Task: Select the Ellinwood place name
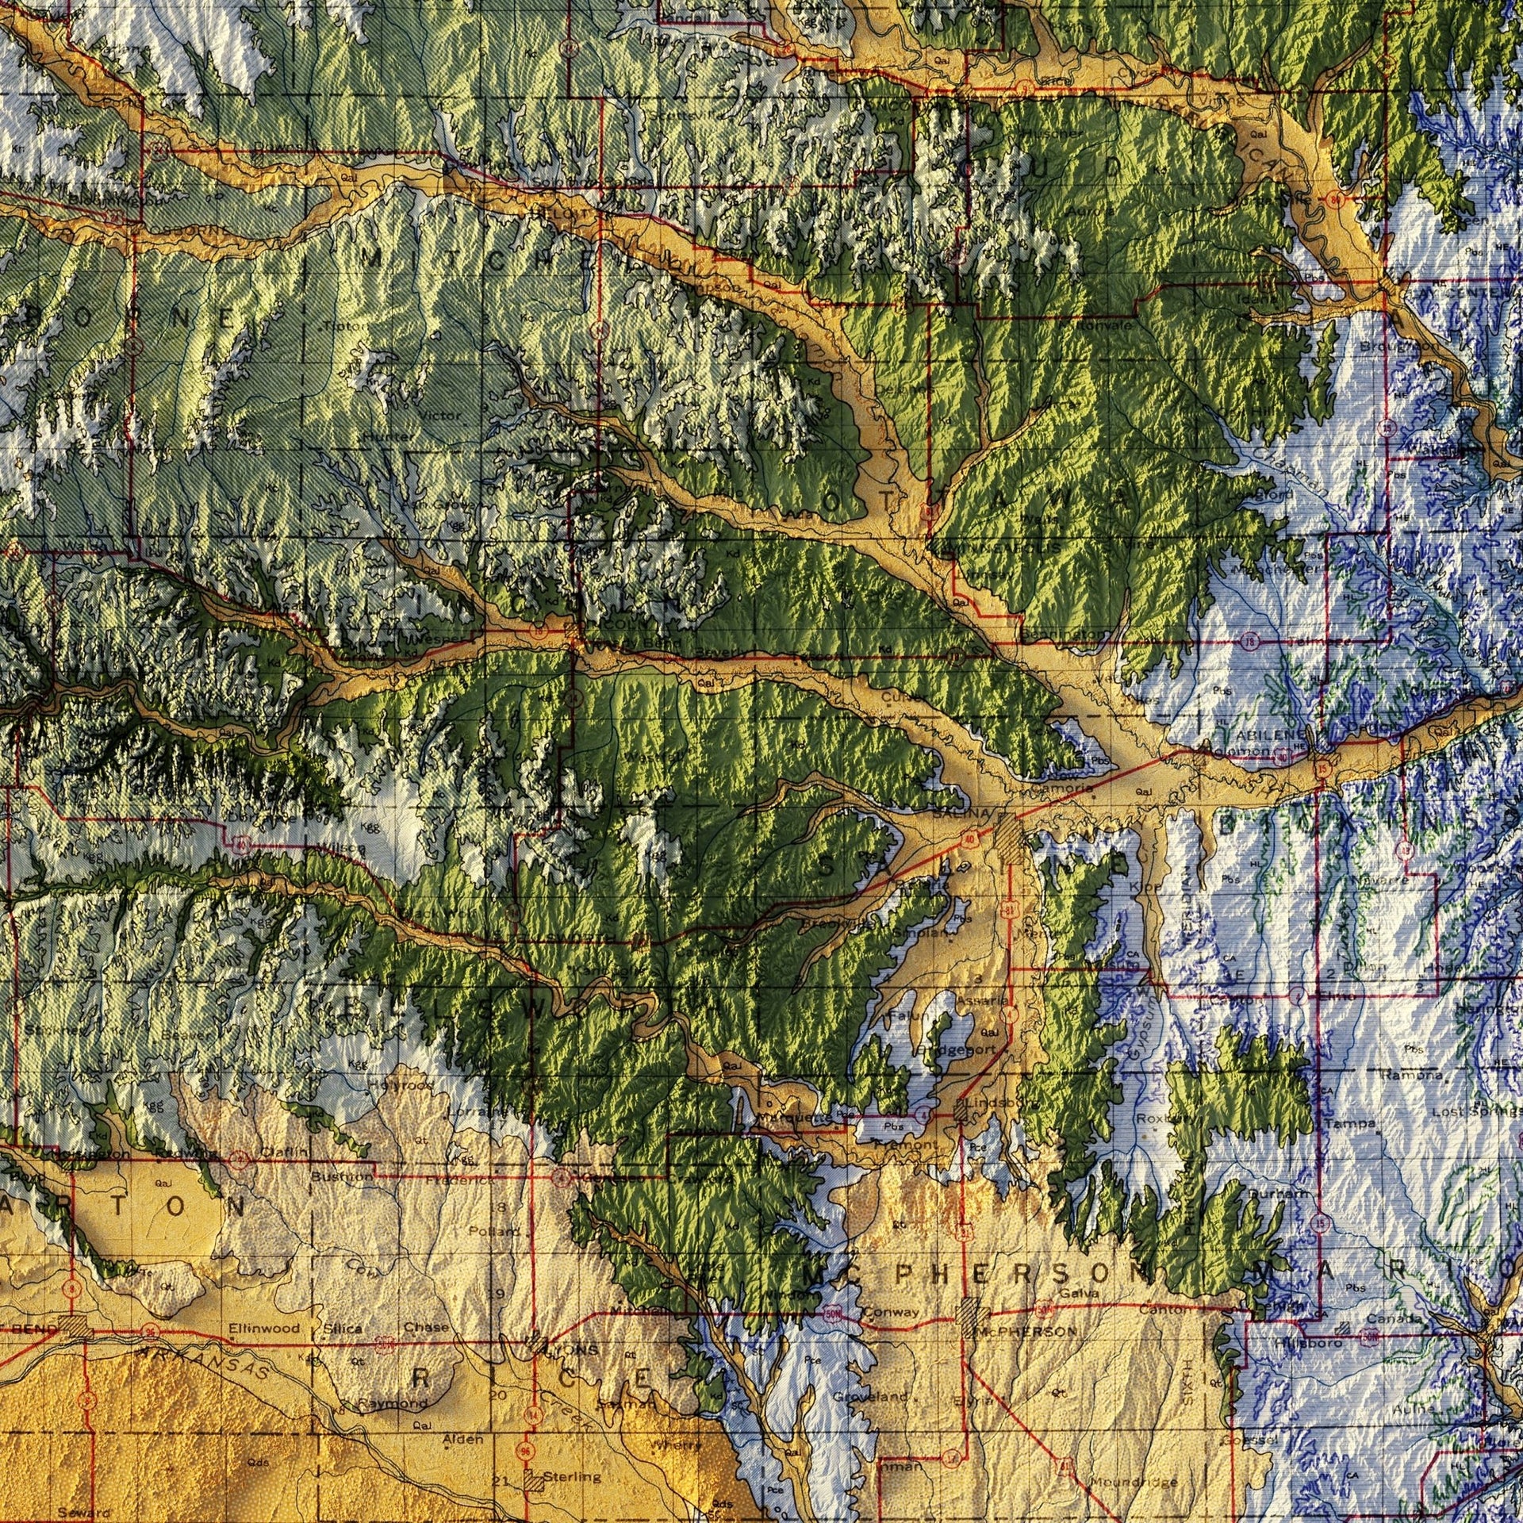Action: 263,1328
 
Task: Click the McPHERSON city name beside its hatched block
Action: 1028,1331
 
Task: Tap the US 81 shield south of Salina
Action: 1008,906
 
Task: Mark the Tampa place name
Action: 1348,1124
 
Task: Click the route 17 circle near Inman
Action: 949,1456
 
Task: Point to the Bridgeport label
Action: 955,1049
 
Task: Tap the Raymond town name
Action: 393,1402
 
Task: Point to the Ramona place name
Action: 1411,1076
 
